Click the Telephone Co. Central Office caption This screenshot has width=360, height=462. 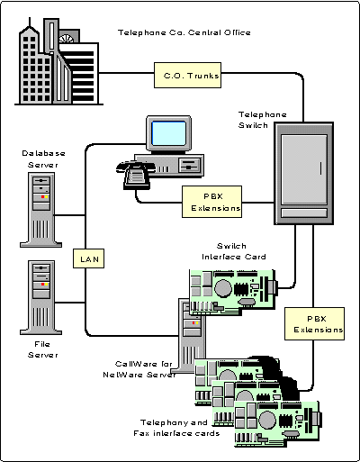pyautogui.click(x=184, y=33)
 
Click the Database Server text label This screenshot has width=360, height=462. pyautogui.click(x=43, y=159)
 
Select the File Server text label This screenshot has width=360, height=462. pyautogui.click(x=43, y=349)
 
